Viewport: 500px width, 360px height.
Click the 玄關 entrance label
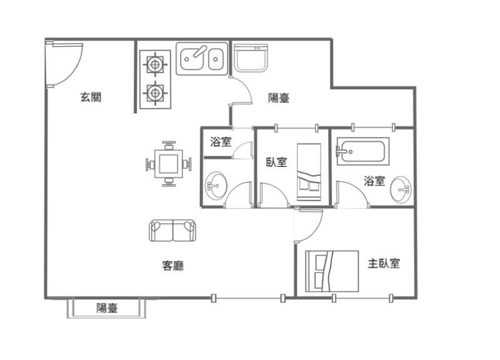91,97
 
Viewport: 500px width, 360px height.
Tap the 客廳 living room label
173,265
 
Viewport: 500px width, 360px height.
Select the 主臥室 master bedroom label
384,263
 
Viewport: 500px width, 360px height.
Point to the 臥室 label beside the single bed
276,162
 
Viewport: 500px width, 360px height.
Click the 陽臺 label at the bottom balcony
107,307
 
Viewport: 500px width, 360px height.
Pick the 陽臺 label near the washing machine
279,98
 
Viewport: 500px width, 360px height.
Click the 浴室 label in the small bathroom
221,142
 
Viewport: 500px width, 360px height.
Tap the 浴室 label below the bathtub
374,181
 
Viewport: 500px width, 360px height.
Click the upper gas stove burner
155,65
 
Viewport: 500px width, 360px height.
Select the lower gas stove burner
155,93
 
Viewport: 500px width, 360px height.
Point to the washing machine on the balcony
251,58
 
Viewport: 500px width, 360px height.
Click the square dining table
168,164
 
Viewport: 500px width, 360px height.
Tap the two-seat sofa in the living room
172,230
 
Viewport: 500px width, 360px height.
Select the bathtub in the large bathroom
363,151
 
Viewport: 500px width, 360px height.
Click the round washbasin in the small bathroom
216,186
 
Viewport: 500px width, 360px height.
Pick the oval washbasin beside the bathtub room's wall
401,190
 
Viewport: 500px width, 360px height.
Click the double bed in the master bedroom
332,271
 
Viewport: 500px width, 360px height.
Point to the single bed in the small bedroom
309,172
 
